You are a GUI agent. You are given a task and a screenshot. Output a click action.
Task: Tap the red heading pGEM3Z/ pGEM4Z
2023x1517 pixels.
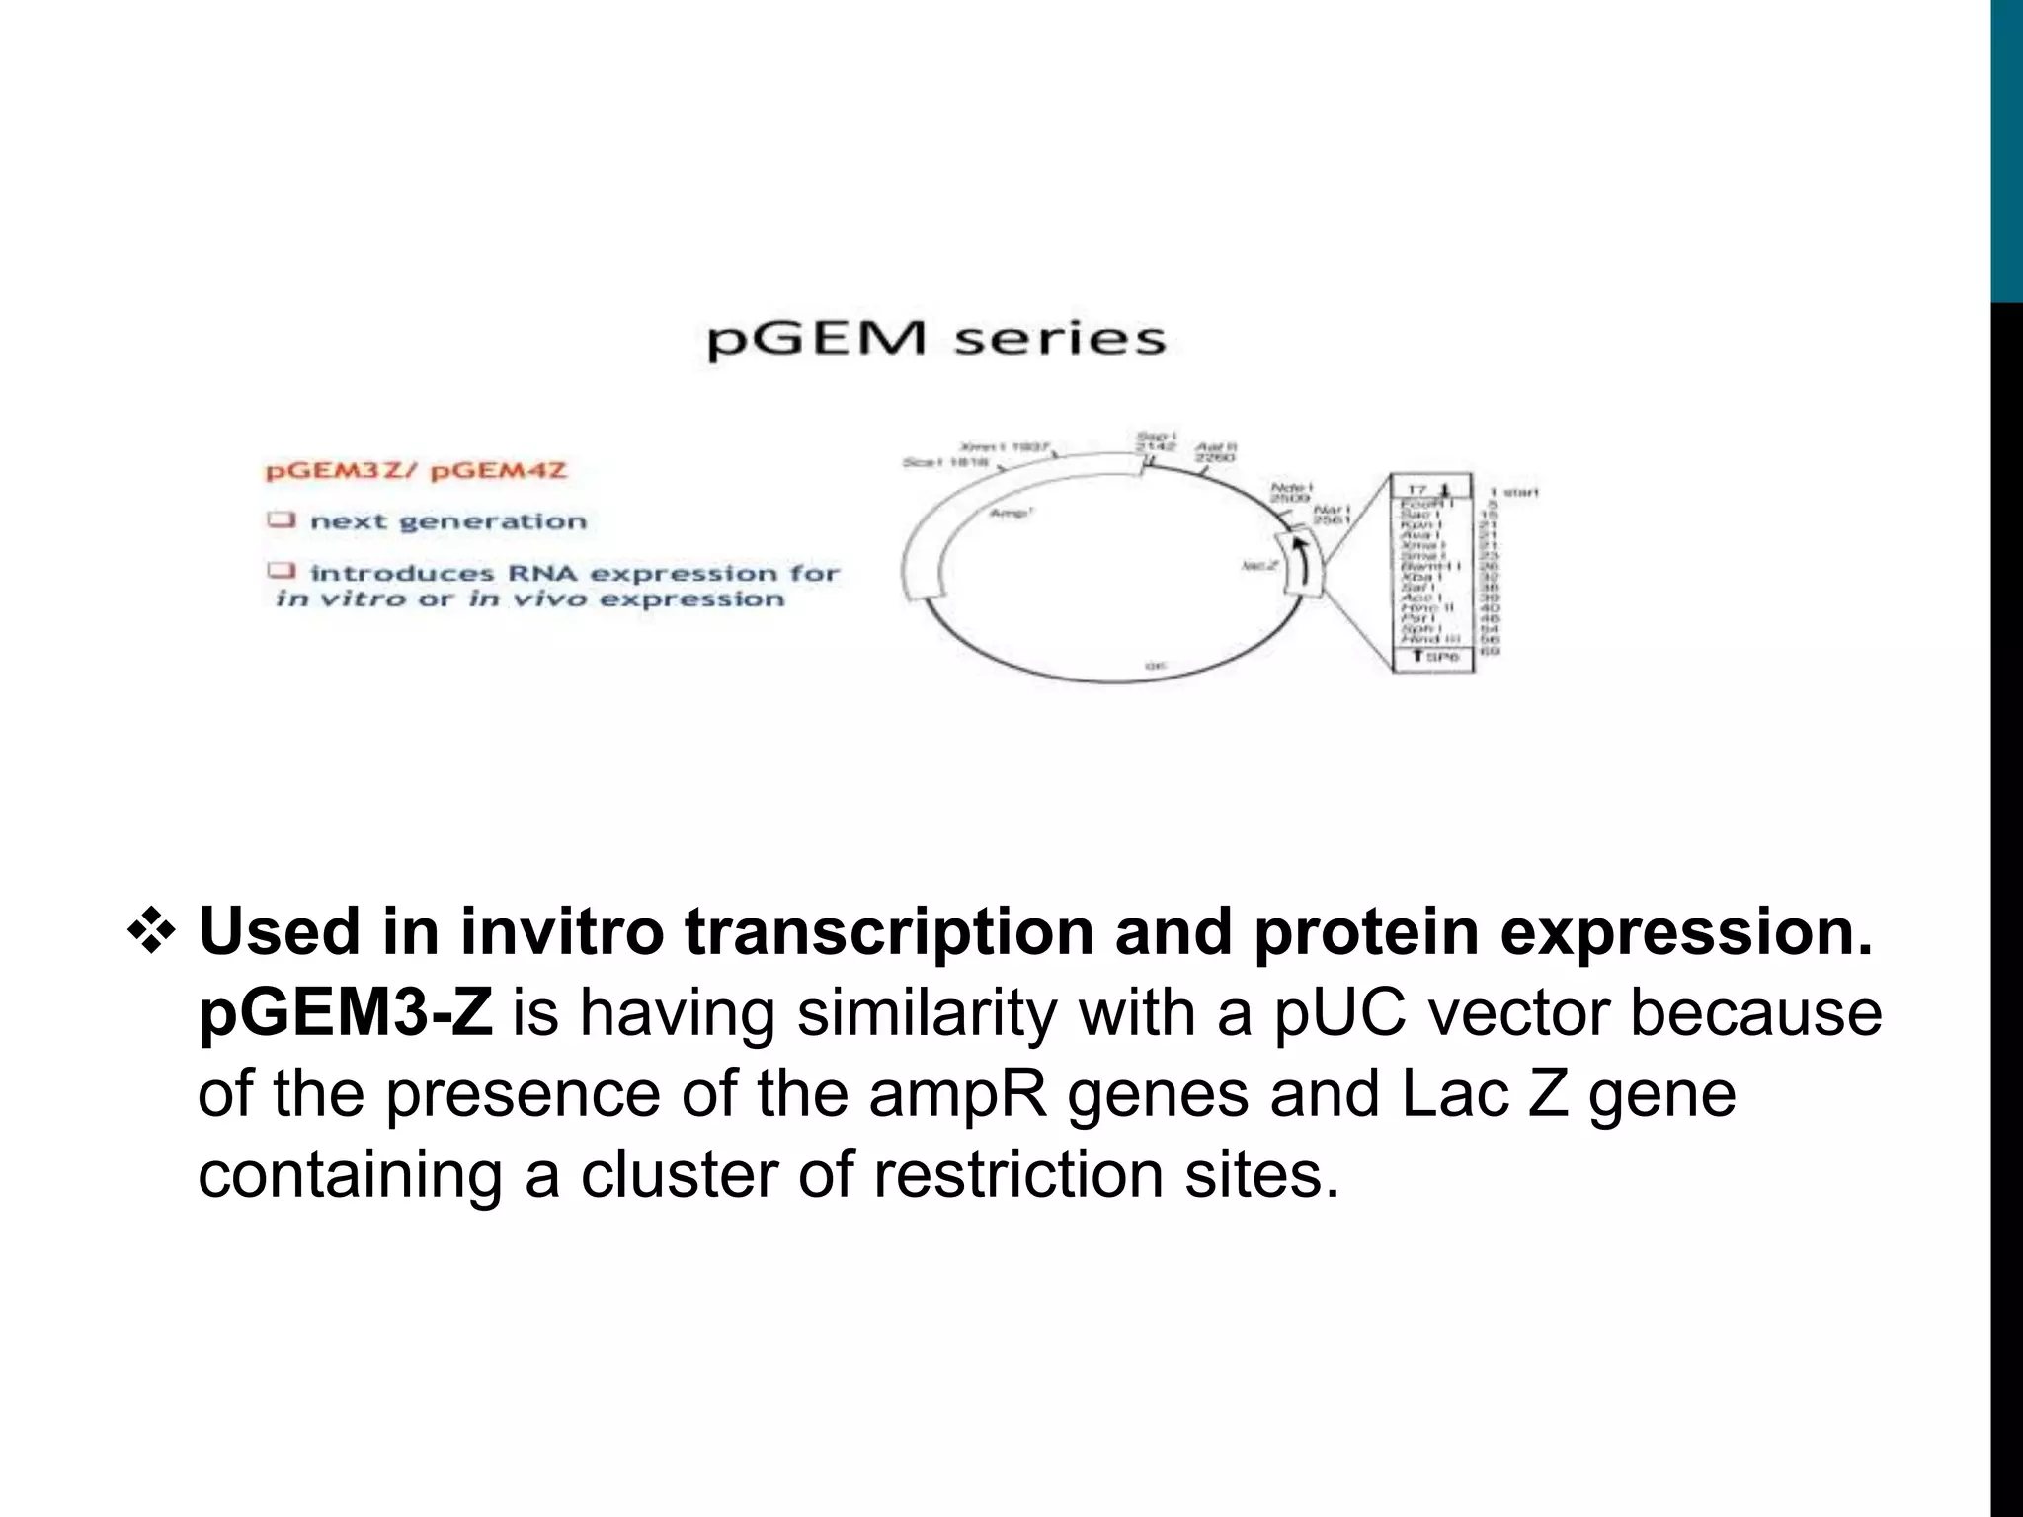point(416,470)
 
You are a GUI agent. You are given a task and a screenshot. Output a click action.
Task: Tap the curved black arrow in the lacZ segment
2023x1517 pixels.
point(1302,567)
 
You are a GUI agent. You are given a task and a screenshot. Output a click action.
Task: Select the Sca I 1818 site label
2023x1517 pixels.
point(945,462)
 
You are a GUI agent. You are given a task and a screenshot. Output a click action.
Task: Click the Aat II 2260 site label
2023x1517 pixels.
point(1215,452)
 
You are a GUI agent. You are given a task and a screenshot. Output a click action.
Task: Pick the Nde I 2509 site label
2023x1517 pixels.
point(1290,493)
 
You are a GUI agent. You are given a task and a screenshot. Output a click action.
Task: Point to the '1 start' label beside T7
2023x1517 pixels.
point(1514,491)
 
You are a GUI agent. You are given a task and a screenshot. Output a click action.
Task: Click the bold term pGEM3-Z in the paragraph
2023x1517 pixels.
point(345,1013)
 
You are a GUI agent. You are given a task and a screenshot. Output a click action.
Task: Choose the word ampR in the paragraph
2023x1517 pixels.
point(958,1095)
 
